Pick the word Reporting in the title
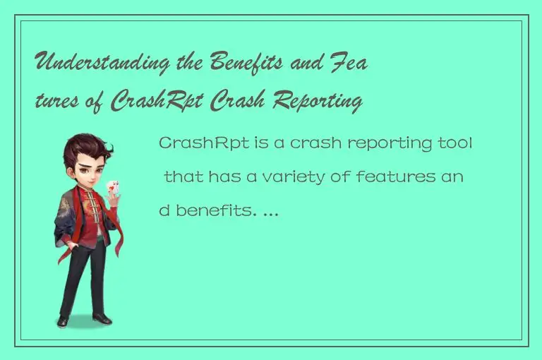click(317, 103)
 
